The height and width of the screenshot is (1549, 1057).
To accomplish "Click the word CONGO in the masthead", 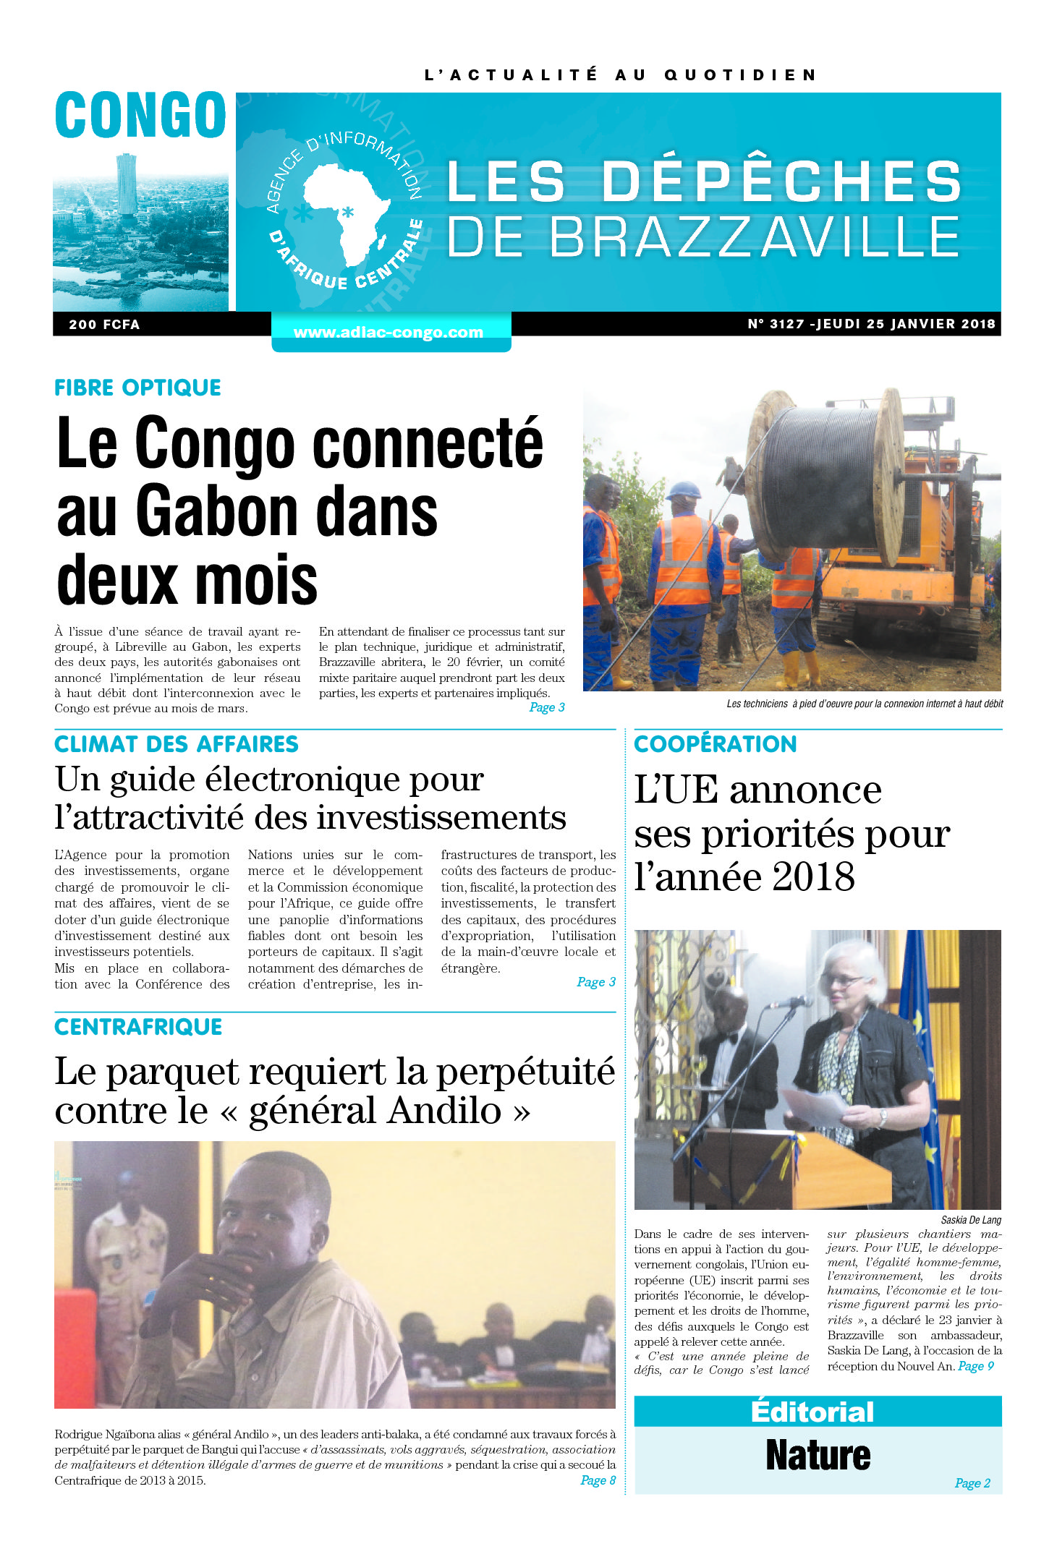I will [140, 116].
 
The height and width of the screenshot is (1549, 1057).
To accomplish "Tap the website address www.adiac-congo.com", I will [389, 333].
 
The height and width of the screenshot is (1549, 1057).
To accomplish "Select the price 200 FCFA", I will [104, 325].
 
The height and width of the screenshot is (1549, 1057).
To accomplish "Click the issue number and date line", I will [871, 324].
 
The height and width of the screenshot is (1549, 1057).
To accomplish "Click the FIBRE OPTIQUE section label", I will [137, 388].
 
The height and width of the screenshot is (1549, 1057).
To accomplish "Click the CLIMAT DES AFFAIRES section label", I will [176, 744].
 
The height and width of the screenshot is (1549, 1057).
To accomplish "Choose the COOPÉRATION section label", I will [715, 744].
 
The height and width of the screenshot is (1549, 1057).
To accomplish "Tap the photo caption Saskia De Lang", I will [971, 1220].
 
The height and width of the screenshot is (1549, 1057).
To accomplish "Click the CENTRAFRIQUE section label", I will [138, 1027].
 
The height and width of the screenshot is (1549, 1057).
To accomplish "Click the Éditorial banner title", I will [812, 1412].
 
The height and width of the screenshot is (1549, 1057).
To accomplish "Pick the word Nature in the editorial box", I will [818, 1455].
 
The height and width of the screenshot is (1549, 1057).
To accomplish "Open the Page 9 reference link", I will [976, 1366].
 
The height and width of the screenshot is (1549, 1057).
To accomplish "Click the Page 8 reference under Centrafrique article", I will [598, 1480].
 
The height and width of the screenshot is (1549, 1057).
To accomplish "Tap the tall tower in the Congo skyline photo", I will [126, 184].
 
